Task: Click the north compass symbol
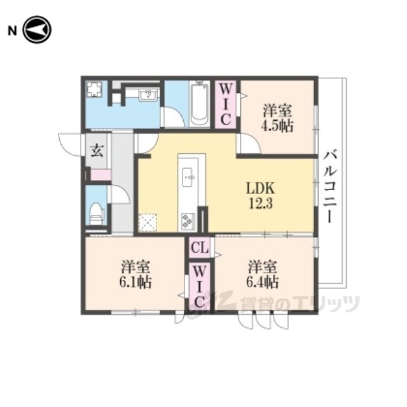click(37, 30)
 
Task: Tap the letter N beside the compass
click(12, 31)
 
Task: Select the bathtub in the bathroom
click(199, 104)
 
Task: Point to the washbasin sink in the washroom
click(148, 95)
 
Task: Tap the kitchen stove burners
click(188, 221)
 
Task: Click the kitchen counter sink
click(188, 177)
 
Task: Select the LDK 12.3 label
click(260, 195)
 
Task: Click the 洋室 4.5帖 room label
click(277, 118)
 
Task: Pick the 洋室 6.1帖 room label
click(135, 274)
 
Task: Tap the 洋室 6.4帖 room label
click(263, 274)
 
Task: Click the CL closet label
click(199, 248)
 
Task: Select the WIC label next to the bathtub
click(226, 105)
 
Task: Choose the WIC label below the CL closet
click(199, 287)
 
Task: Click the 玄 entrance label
click(97, 151)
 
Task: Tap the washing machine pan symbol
click(93, 89)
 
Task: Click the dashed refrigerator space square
click(148, 223)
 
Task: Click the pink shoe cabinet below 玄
click(100, 174)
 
